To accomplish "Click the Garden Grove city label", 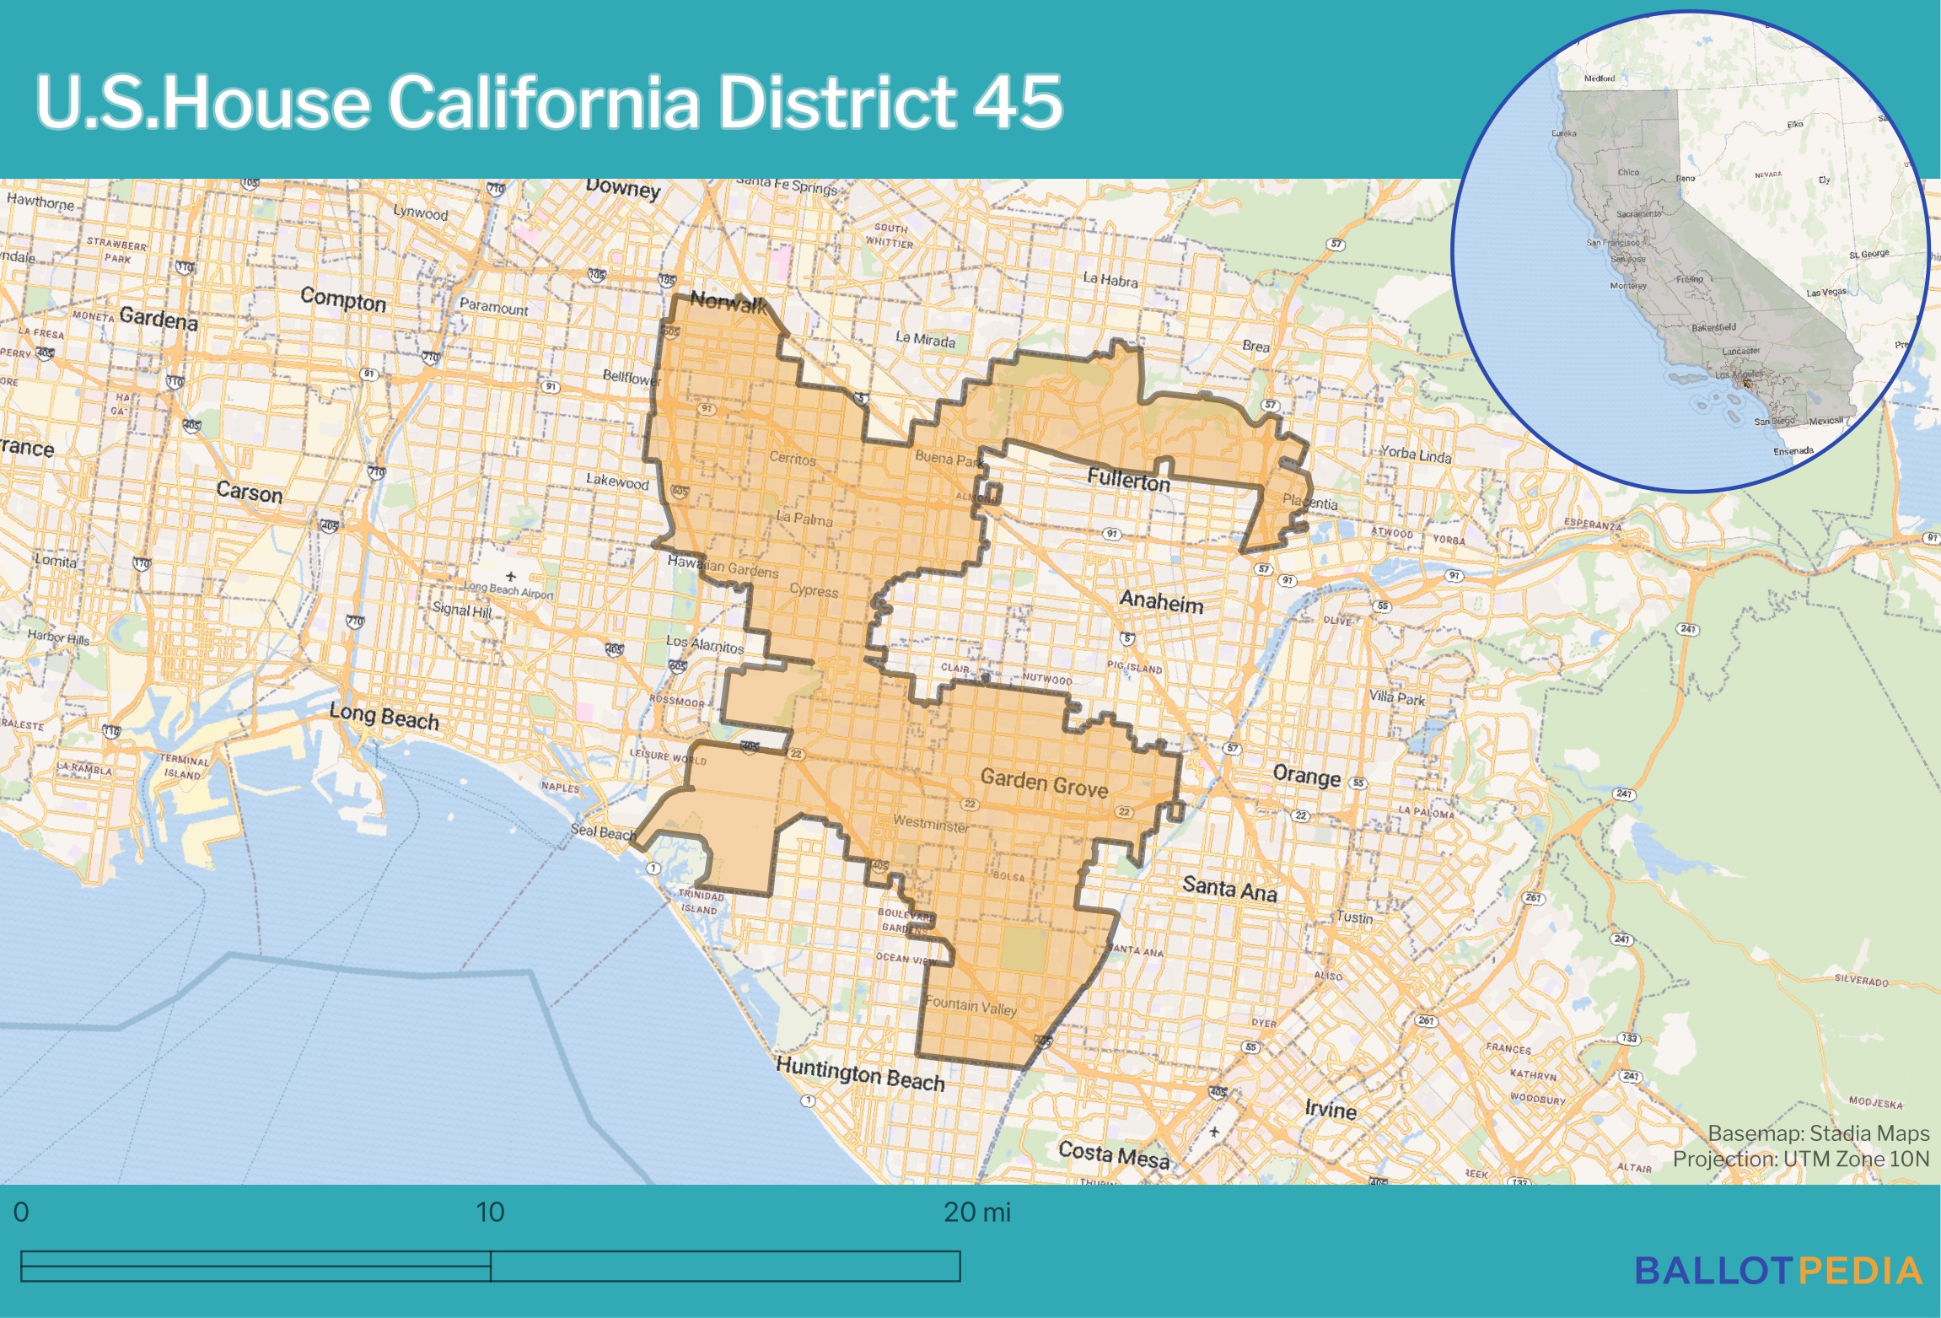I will (1044, 783).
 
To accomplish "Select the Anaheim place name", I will (1161, 602).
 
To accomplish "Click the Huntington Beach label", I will (860, 1075).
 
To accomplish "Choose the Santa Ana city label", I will (1229, 888).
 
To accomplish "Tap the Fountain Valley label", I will (971, 1005).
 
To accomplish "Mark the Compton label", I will (343, 299).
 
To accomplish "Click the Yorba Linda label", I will (1416, 455).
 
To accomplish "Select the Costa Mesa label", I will (1114, 1154).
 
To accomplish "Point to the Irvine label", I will (1331, 1109).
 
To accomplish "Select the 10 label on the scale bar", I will (490, 1212).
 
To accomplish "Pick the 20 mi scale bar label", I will (976, 1212).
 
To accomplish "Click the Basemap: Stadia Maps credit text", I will (1818, 1133).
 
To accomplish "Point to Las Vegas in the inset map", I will (1825, 293).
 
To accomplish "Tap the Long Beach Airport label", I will (508, 589).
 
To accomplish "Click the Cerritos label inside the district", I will (793, 459).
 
